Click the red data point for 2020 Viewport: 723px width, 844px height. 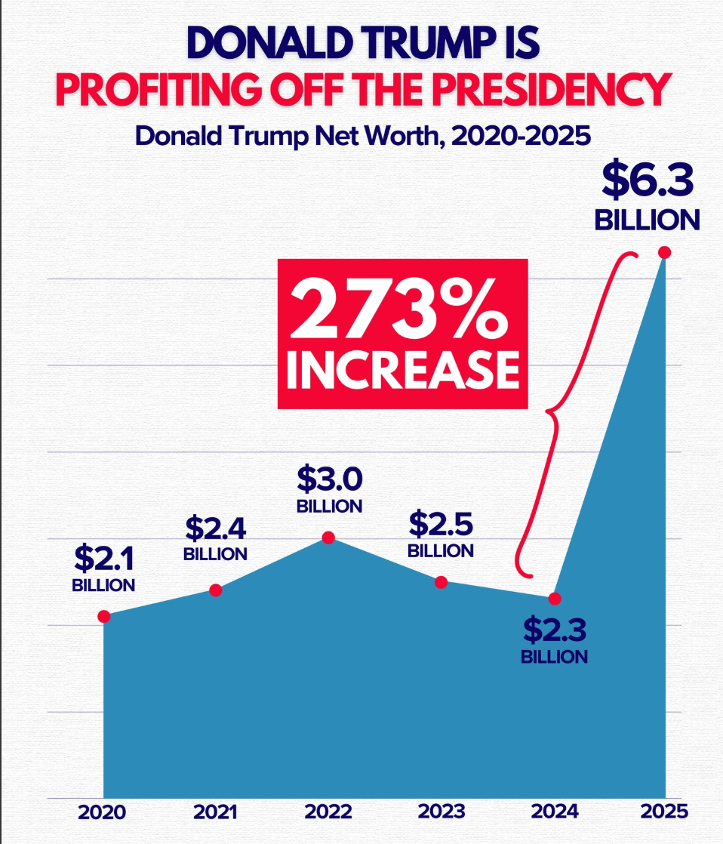click(104, 616)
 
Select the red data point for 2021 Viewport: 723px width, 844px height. click(216, 590)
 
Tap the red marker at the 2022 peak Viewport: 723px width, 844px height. click(328, 538)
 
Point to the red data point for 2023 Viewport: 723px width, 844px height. click(441, 581)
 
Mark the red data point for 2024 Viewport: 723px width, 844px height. click(555, 598)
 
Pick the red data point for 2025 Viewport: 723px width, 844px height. click(665, 252)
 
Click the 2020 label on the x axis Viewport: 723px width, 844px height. click(102, 812)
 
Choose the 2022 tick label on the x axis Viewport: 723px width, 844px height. click(328, 812)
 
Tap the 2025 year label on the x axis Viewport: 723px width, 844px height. click(665, 812)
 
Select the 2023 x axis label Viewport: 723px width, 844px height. click(441, 812)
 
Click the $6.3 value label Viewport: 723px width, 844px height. click(647, 181)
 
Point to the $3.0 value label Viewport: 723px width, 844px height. click(330, 479)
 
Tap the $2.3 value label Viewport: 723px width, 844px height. click(555, 629)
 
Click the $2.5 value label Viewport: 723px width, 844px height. click(441, 522)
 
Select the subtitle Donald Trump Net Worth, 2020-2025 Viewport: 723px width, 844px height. click(361, 137)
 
